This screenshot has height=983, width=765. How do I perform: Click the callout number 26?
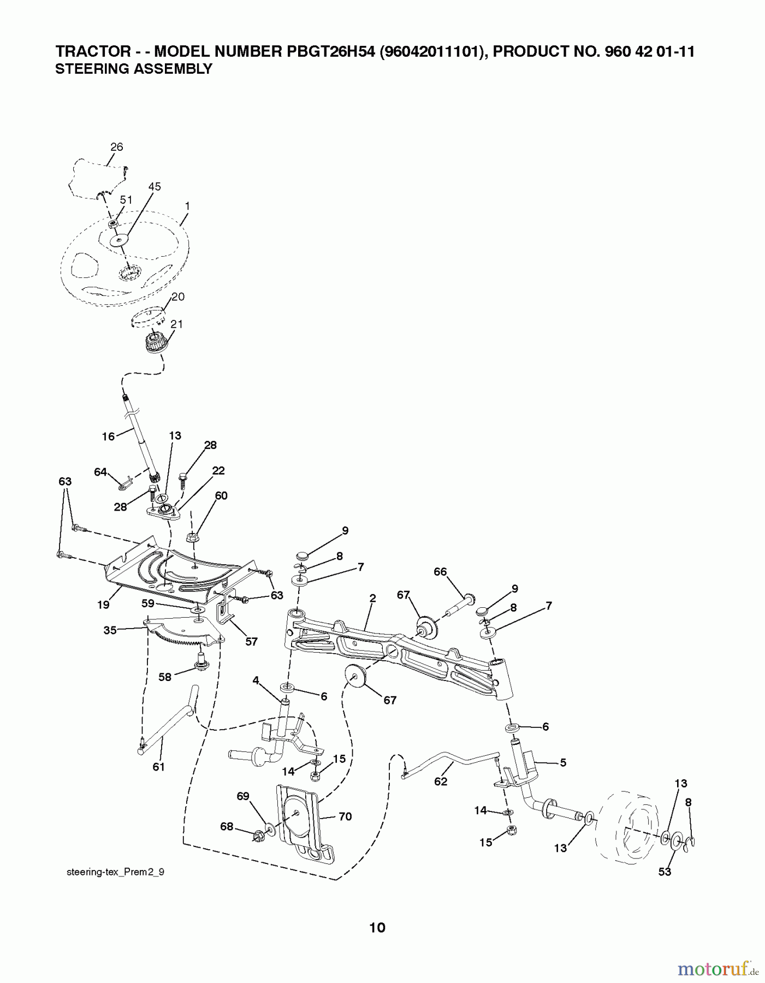point(116,147)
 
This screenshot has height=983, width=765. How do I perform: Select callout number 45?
point(155,187)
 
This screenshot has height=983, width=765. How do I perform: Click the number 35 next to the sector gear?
point(110,630)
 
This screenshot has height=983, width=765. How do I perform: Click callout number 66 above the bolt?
point(440,572)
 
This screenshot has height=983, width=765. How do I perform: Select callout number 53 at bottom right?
point(665,872)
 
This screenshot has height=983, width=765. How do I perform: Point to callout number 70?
point(345,816)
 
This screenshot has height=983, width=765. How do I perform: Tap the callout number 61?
point(158,767)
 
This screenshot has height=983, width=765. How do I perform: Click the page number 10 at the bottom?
point(377,927)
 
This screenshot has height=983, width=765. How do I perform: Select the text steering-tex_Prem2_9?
point(115,872)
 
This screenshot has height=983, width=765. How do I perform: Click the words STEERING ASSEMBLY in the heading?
point(134,69)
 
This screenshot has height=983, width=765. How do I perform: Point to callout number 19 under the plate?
point(103,605)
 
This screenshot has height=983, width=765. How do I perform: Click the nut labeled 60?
point(193,537)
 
